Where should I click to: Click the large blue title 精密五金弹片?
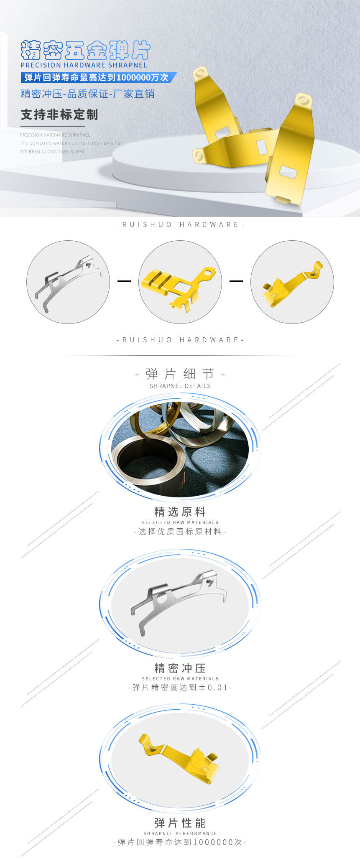coord(85,51)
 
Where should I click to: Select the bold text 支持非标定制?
coord(59,115)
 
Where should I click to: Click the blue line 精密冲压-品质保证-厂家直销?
coord(88,94)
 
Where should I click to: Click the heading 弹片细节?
coord(180,374)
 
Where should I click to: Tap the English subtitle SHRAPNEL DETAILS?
coord(180,386)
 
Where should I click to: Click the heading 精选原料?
coord(180,512)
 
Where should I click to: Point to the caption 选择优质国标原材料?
coord(180,532)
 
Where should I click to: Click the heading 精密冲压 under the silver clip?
coord(180,668)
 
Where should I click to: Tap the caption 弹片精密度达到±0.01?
coord(180,688)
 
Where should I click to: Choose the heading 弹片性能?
coord(180,823)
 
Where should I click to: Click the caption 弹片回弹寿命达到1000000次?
coord(180,842)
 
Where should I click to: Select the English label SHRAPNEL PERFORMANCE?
coord(180,833)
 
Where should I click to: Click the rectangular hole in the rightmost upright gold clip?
coord(288,172)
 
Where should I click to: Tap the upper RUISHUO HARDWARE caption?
coord(180,225)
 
